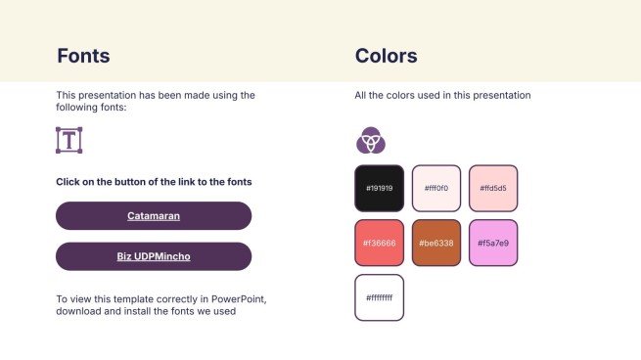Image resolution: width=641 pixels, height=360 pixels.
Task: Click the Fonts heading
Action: pos(83,56)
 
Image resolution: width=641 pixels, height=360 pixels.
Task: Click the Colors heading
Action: pos(386,56)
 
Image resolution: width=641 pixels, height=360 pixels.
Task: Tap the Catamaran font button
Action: pos(154,216)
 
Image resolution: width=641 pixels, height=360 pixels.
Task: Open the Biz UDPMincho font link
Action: pos(154,256)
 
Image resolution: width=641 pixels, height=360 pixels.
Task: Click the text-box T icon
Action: pos(69,140)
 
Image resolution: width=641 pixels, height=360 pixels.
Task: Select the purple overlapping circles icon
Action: pos(371,140)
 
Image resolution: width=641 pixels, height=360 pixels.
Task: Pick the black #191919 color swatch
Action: pos(380,189)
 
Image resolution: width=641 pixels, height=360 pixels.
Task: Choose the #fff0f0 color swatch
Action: pos(436,189)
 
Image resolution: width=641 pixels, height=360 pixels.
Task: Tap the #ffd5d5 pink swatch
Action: pos(493,189)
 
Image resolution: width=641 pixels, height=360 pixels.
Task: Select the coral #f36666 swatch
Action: pos(380,244)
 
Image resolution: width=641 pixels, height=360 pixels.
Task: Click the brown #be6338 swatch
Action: pos(436,244)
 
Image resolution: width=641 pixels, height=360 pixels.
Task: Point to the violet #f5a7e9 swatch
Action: pos(493,244)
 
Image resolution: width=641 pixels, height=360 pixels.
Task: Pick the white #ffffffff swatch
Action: pos(380,297)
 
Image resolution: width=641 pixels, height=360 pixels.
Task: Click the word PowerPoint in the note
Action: pos(239,299)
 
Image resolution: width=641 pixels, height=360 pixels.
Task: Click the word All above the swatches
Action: pos(360,95)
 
